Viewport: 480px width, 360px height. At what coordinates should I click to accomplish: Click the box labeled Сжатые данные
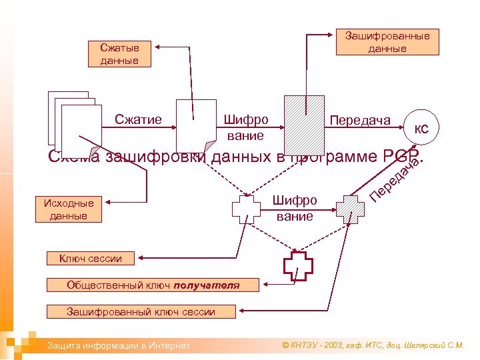point(119,54)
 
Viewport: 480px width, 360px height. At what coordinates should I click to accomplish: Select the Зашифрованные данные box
point(387,41)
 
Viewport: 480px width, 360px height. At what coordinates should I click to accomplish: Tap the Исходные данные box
point(68,209)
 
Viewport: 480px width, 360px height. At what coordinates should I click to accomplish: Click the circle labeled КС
point(421,129)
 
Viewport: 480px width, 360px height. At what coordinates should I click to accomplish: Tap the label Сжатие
point(138,120)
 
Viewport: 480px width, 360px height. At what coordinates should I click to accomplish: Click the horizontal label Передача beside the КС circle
point(360,120)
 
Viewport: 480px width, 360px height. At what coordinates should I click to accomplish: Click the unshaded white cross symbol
point(246,210)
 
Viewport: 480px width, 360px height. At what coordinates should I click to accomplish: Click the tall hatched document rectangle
point(304,125)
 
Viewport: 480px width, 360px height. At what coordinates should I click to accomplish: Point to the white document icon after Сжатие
point(196,125)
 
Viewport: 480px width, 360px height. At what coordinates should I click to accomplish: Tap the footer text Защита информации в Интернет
point(118,345)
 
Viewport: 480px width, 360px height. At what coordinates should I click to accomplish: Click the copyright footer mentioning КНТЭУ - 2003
point(373,345)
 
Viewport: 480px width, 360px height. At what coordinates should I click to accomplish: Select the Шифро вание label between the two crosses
point(295,208)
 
